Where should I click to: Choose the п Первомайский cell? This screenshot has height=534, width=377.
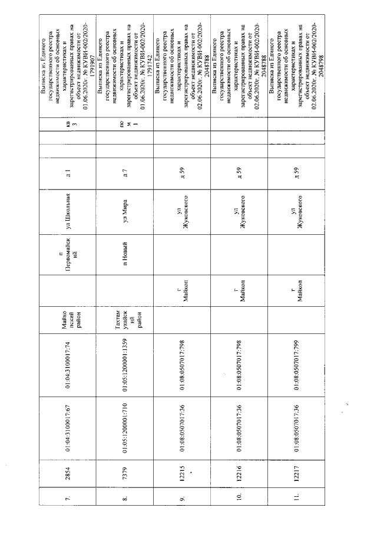click(x=68, y=254)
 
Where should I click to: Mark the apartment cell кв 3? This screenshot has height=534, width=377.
click(x=68, y=126)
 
